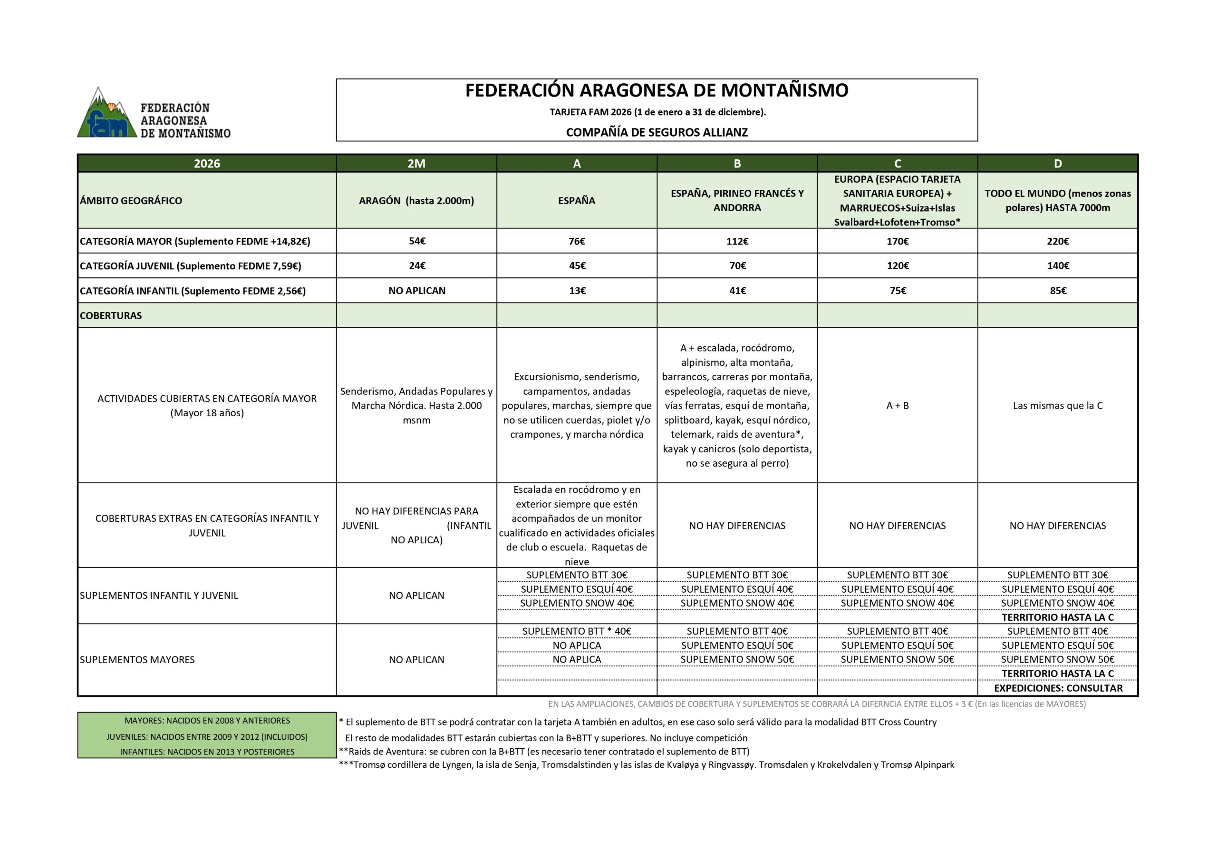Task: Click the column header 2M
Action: coord(416,163)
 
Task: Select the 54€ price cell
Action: coord(416,241)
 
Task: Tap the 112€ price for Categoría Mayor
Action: coord(737,241)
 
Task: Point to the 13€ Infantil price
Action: coord(577,291)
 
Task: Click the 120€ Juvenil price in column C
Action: coord(898,266)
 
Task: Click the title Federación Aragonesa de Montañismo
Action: coord(656,91)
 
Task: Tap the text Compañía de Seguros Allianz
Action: coord(656,133)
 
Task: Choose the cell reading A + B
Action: coord(898,406)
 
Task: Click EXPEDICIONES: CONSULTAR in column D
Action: coord(1058,688)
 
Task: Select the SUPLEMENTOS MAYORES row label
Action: coord(137,659)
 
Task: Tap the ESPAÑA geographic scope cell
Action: coord(577,201)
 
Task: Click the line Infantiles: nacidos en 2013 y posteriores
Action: coord(207,752)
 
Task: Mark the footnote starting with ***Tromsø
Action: coord(646,765)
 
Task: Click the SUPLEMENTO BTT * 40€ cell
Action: coord(577,631)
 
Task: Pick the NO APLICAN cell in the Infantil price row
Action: coord(416,291)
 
